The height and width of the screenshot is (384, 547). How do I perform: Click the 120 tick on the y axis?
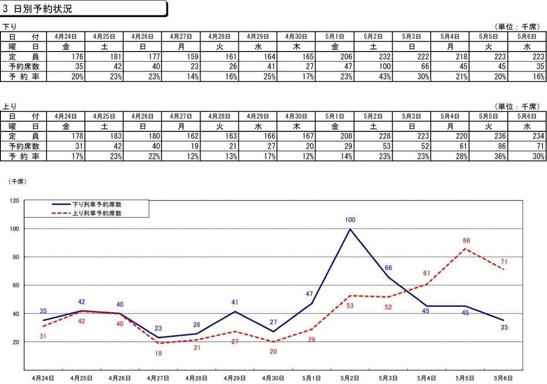[x=14, y=200]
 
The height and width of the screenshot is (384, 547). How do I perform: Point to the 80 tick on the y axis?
[x=15, y=257]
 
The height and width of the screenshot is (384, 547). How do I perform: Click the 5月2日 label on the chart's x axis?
[x=350, y=378]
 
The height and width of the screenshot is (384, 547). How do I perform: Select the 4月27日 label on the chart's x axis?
[x=158, y=378]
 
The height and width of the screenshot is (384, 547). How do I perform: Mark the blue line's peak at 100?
[x=350, y=229]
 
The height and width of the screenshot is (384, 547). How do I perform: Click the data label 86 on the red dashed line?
[x=466, y=241]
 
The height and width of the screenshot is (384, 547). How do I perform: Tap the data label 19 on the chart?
[x=158, y=353]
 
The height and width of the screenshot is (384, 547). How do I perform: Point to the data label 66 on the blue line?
[x=388, y=268]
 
